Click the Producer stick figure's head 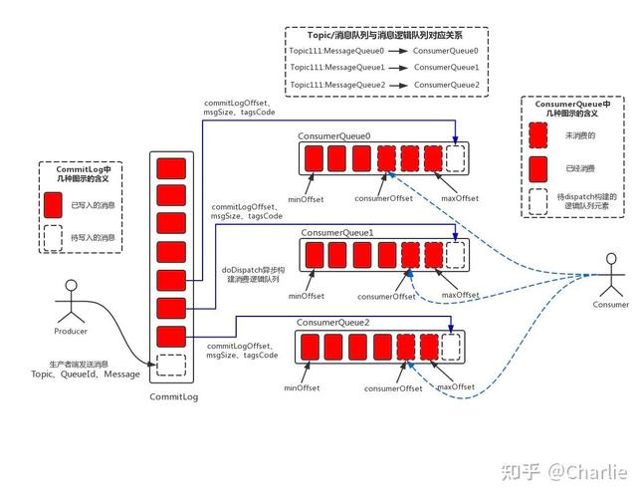pos(72,286)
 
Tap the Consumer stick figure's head pos(611,259)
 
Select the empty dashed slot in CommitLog pos(171,366)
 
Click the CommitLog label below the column pos(174,396)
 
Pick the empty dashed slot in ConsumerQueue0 pos(455,158)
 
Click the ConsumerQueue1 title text pos(337,233)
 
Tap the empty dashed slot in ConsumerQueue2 pos(450,347)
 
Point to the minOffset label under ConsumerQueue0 pos(306,199)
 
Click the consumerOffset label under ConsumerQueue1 pos(386,296)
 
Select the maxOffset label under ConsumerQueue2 pos(456,386)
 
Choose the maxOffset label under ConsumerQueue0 pos(460,198)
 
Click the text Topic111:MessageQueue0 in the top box pos(336,51)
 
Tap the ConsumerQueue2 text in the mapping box pos(447,85)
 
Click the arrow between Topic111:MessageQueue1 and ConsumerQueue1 pos(398,68)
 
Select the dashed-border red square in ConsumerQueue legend pos(538,135)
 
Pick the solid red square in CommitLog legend pos(53,205)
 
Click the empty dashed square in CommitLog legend pos(53,238)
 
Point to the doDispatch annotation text pos(253,275)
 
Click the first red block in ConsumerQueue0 pos(314,158)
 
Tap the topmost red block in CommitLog pos(171,168)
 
